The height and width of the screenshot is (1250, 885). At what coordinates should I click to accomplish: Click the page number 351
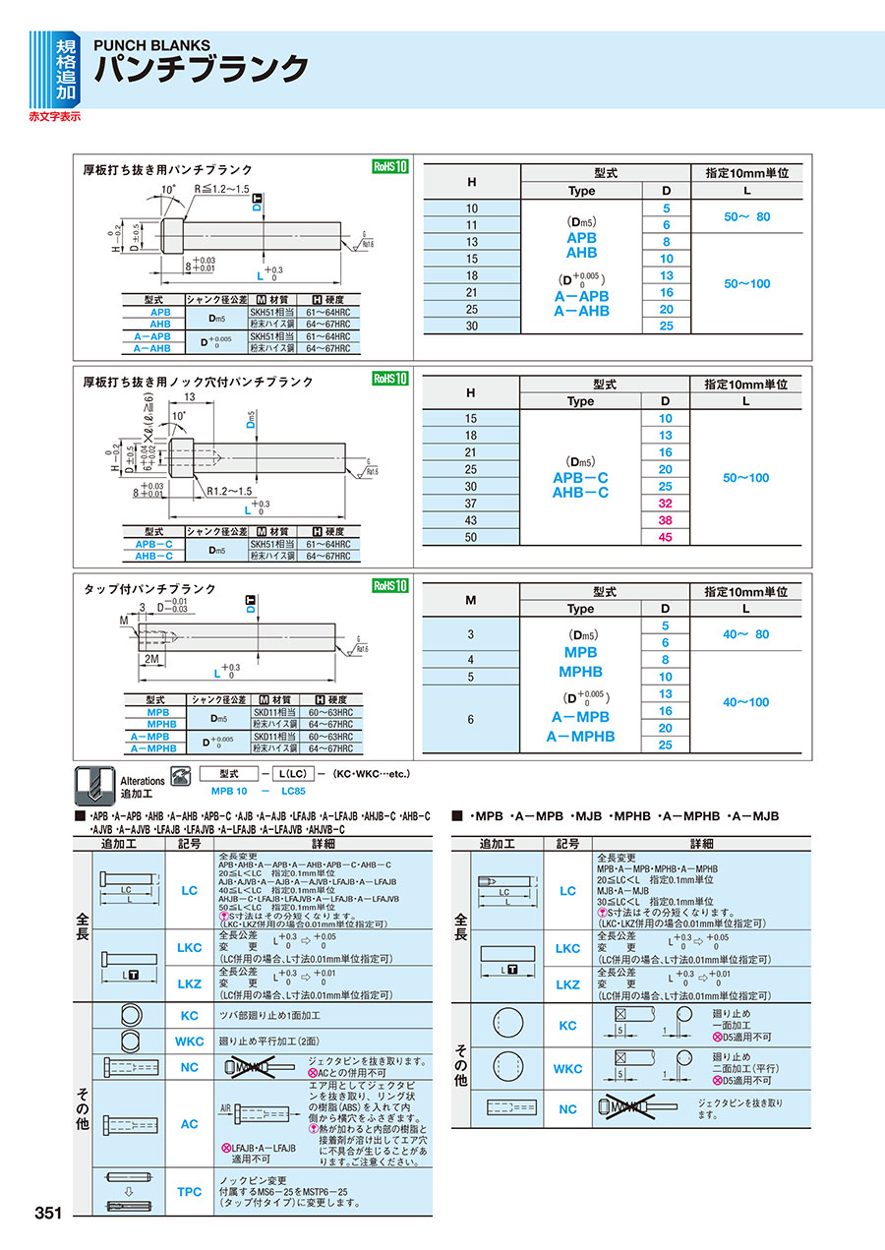(x=49, y=1213)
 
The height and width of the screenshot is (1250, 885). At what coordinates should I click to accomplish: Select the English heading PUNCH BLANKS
(x=151, y=45)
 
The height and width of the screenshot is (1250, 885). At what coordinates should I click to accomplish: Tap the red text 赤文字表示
(x=55, y=116)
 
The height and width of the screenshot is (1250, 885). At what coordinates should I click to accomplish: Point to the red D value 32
(x=666, y=504)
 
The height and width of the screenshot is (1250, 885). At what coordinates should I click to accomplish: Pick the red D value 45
(x=666, y=537)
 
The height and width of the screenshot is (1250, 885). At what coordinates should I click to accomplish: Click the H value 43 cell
(x=471, y=520)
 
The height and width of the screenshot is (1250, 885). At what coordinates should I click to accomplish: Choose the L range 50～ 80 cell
(x=747, y=216)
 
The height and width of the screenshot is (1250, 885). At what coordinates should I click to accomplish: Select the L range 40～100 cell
(x=746, y=702)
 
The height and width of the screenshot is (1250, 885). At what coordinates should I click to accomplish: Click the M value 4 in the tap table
(x=471, y=659)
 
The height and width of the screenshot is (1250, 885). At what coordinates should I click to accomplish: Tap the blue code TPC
(x=189, y=1191)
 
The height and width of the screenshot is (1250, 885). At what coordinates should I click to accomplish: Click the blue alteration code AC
(x=189, y=1124)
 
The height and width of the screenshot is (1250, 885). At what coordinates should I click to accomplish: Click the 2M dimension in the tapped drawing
(x=152, y=657)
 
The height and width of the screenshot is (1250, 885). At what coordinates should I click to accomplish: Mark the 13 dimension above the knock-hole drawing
(x=187, y=397)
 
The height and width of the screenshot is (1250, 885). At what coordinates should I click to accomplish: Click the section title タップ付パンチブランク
(x=149, y=589)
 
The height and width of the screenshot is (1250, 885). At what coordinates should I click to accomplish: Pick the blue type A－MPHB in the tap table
(x=580, y=736)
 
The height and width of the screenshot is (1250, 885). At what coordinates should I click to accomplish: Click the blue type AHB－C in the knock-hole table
(x=580, y=493)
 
